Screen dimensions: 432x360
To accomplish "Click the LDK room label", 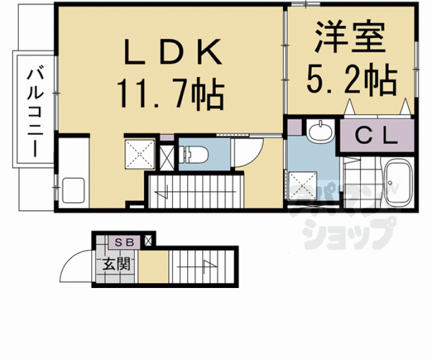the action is [173, 51].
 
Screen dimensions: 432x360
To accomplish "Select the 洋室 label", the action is [350, 37].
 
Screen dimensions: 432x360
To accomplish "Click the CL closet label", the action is [377, 135].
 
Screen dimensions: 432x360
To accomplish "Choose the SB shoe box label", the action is [124, 242].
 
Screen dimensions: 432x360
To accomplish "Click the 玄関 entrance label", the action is [116, 264].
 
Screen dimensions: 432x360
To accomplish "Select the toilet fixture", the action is [193, 155].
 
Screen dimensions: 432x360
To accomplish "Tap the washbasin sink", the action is [321, 131].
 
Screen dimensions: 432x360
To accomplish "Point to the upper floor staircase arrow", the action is [195, 192].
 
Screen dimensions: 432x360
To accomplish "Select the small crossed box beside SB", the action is [148, 241].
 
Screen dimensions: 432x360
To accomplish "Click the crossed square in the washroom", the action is [302, 186].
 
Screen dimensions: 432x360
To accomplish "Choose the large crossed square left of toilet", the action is [140, 154].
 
